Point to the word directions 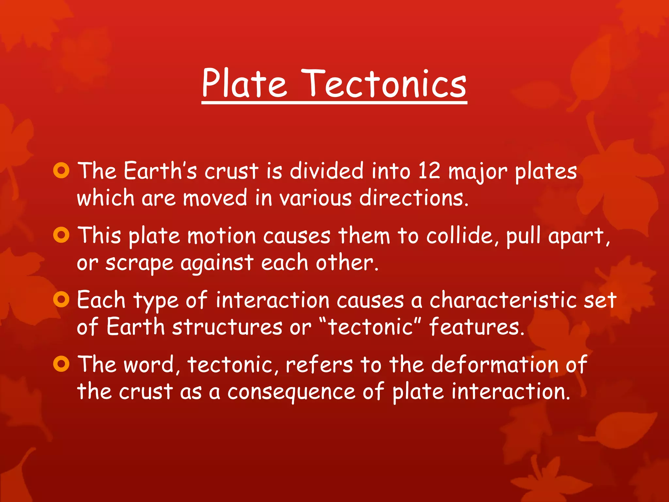tap(414, 198)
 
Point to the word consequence tap(291, 392)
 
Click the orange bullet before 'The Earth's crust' tap(61, 170)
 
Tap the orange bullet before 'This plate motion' tap(61, 235)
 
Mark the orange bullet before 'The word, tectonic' tap(61, 364)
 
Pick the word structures tap(227, 327)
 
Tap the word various tap(316, 198)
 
